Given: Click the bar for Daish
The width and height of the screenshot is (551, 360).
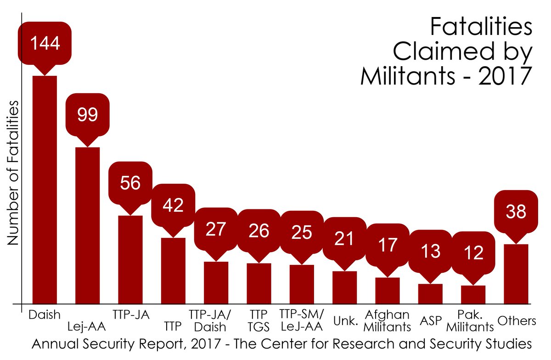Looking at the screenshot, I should (x=44, y=189).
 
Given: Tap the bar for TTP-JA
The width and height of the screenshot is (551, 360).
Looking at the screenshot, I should (x=130, y=259).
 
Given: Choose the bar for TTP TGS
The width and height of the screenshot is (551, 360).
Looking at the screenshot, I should (x=259, y=283).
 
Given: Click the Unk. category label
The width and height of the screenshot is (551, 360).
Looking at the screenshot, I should (x=345, y=321).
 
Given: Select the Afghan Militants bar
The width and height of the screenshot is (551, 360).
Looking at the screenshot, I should (x=387, y=291).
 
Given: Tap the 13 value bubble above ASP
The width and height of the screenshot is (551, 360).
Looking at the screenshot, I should (x=430, y=251).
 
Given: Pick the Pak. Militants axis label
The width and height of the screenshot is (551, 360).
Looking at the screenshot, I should (x=473, y=321).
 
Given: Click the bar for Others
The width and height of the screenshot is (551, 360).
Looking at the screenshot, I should (x=516, y=274).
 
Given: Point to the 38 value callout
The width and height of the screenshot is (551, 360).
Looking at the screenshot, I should (x=516, y=211).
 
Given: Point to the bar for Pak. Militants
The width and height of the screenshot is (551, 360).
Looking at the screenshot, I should (x=473, y=294).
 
